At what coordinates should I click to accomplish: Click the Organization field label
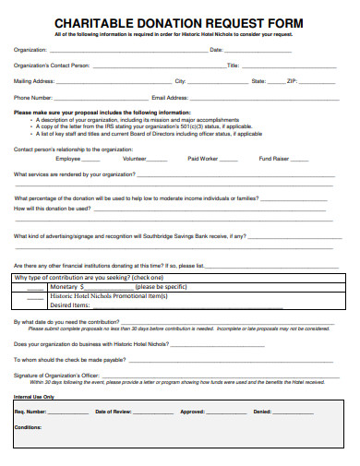(x=30, y=49)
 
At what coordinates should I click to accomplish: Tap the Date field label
(x=216, y=49)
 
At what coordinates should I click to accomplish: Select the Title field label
(x=233, y=66)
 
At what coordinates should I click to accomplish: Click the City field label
(x=181, y=81)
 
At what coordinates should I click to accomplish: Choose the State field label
(x=258, y=81)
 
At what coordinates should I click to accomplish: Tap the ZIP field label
(x=292, y=81)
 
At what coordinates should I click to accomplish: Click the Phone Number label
(x=32, y=97)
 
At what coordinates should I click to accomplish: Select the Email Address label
(x=170, y=97)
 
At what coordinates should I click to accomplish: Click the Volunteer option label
(x=135, y=159)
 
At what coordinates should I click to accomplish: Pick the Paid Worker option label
(x=202, y=159)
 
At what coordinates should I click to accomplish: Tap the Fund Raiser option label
(x=273, y=159)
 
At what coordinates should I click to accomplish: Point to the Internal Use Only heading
(x=35, y=397)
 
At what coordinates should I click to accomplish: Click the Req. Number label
(x=30, y=412)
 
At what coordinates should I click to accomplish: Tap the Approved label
(x=192, y=412)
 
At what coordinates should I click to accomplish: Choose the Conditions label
(x=29, y=427)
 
